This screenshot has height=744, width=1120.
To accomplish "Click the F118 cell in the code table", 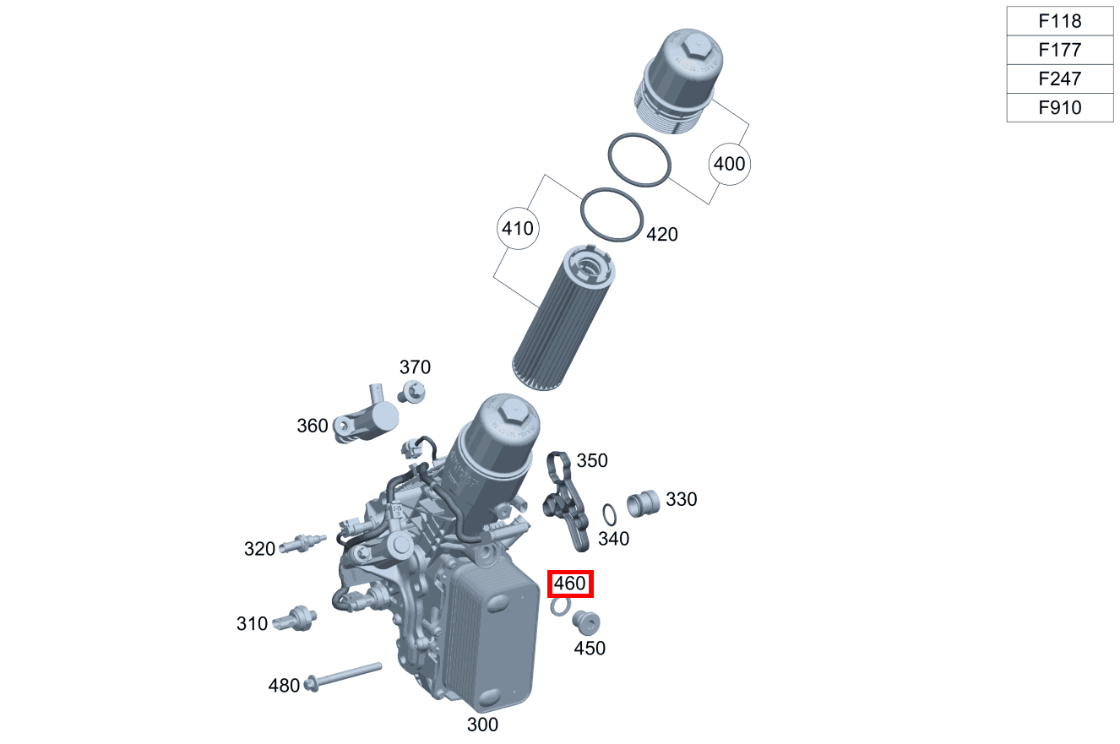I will pyautogui.click(x=1059, y=21).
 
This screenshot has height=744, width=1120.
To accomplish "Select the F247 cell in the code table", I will pyautogui.click(x=1059, y=79).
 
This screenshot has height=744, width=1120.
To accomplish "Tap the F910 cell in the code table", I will pyautogui.click(x=1059, y=107).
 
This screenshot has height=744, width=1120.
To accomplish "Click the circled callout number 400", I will pyautogui.click(x=730, y=163).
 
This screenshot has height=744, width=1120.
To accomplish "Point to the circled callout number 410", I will pyautogui.click(x=517, y=228).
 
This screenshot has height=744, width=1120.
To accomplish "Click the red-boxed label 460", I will pyautogui.click(x=571, y=584).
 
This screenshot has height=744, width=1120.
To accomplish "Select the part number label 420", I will pyautogui.click(x=661, y=235).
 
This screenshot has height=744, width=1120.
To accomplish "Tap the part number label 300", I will pyautogui.click(x=482, y=725).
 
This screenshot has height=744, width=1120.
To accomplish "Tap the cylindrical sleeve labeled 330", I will pyautogui.click(x=644, y=502).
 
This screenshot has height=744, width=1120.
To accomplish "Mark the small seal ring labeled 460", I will pyautogui.click(x=559, y=606).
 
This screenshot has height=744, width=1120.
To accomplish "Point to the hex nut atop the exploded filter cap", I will pyautogui.click(x=696, y=46).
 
